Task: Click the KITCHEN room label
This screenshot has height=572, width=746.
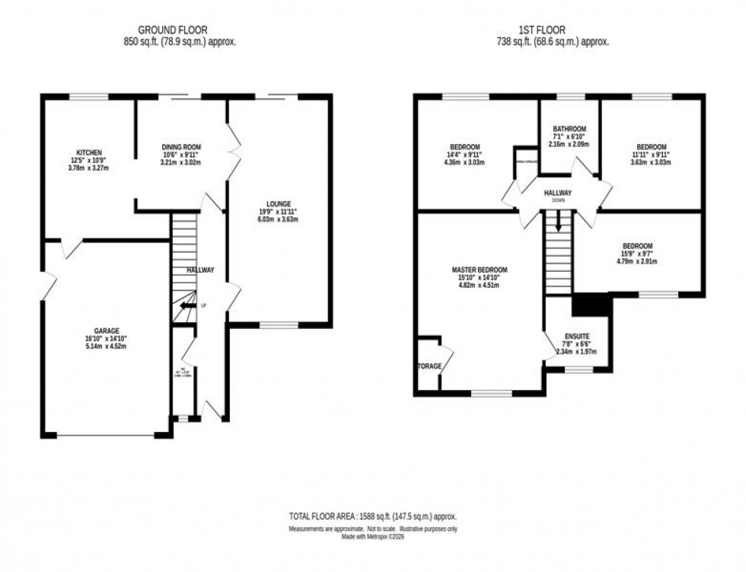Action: [x=83, y=152]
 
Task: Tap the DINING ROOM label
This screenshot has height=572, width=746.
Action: [x=180, y=146]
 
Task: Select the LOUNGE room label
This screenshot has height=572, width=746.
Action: [x=279, y=203]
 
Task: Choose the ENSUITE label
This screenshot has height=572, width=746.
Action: [x=577, y=335]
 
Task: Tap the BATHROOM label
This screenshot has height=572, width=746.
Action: [x=569, y=129]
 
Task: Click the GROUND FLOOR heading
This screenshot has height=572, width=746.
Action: [x=180, y=31]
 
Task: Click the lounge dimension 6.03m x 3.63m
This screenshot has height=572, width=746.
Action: [x=279, y=219]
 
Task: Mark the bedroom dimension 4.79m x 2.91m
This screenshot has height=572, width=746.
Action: [x=636, y=261]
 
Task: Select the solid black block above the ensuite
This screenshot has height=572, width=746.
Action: [x=591, y=305]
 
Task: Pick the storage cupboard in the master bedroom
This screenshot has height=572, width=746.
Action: [x=429, y=366]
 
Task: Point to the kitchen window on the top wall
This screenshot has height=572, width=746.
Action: [x=89, y=97]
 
